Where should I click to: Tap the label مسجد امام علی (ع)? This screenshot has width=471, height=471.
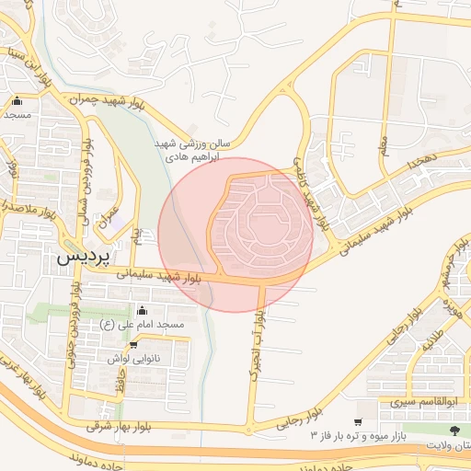143,325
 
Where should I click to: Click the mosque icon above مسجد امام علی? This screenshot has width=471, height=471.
142,311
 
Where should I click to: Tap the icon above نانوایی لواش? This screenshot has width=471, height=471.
134,345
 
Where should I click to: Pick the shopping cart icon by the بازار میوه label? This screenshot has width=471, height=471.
358,420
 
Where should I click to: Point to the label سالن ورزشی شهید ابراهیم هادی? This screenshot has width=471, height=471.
192,151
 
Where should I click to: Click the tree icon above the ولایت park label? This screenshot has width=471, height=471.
454,430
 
